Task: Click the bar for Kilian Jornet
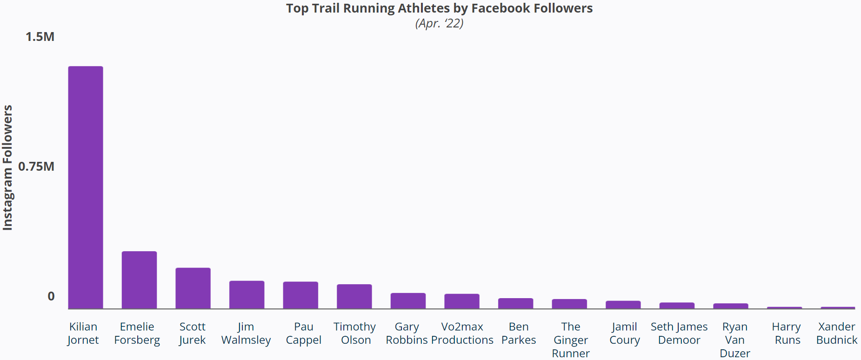click(x=86, y=187)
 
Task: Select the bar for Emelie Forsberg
click(x=139, y=280)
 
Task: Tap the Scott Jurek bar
click(x=193, y=288)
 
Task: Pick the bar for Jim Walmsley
click(x=247, y=295)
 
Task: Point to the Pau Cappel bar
click(x=300, y=295)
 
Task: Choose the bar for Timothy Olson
click(x=354, y=297)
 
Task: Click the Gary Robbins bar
click(x=408, y=301)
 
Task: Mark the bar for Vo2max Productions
click(x=461, y=301)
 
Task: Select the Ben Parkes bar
click(x=515, y=303)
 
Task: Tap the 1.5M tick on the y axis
click(x=40, y=37)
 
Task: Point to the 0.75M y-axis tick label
click(x=36, y=167)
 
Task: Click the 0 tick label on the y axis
click(x=51, y=296)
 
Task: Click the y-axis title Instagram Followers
click(x=7, y=167)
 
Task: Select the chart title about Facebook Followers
click(x=439, y=8)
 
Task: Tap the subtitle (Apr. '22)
click(x=439, y=23)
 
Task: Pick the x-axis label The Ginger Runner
click(x=570, y=340)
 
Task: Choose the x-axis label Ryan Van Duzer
click(x=734, y=340)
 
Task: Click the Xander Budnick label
click(x=836, y=333)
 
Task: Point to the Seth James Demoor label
click(x=679, y=333)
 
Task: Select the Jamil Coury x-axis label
click(x=624, y=333)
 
